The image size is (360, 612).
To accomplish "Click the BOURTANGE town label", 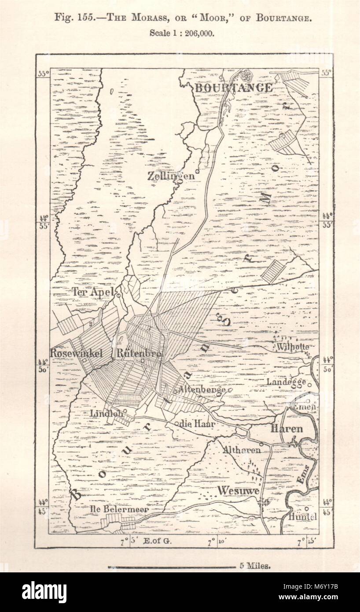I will (234, 88).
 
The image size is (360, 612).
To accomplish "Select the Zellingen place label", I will (171, 176).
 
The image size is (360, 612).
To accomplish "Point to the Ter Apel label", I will (93, 292).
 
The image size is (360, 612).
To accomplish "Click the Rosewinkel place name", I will (76, 353).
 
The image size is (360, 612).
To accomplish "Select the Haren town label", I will (287, 428).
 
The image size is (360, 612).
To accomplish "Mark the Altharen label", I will (241, 450).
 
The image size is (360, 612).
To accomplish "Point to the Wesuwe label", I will (238, 490).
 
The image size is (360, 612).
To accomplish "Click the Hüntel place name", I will (303, 517).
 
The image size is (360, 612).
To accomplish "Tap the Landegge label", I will (287, 382).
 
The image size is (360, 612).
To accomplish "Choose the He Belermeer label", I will (119, 509).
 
